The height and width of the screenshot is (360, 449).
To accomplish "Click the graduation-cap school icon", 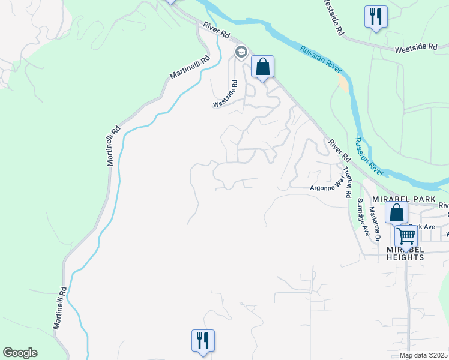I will click(241, 53).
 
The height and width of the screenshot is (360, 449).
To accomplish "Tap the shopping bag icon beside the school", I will click(262, 67).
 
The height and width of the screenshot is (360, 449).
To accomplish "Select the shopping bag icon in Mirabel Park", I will click(396, 212).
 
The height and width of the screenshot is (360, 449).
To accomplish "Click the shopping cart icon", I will click(406, 236).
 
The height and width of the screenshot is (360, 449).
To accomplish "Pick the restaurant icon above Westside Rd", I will click(376, 16).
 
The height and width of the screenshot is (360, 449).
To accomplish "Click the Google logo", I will click(20, 353).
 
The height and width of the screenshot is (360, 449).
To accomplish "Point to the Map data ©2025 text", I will click(423, 355).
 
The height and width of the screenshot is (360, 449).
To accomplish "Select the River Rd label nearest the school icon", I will click(217, 31).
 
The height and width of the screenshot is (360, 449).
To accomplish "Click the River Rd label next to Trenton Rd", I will click(339, 151).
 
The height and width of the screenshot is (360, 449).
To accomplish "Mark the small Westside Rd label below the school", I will click(226, 95).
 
